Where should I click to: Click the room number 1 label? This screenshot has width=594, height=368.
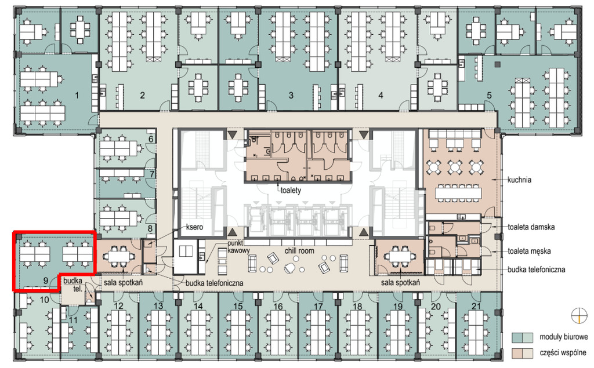click(77, 96)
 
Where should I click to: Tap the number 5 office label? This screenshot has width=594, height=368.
click(489, 96)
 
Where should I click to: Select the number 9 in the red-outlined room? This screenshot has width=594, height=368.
click(46, 281)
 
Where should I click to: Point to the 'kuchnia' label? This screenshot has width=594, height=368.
click(519, 180)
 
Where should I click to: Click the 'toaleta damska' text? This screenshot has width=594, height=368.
click(531, 227)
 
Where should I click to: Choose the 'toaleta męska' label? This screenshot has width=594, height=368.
click(529, 251)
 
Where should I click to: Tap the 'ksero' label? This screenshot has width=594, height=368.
click(194, 227)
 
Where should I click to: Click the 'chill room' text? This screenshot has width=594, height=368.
click(299, 250)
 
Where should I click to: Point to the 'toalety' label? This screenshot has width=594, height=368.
click(291, 190)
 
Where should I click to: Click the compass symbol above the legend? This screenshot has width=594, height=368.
click(579, 315)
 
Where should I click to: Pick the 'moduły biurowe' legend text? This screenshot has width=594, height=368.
click(564, 337)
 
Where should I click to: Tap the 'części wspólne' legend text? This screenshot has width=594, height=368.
click(563, 352)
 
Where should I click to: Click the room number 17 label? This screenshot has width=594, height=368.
click(318, 307)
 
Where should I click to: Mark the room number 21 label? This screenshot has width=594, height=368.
click(476, 307)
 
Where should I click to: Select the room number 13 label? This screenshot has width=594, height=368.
click(158, 306)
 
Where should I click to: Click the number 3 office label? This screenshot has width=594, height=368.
click(291, 96)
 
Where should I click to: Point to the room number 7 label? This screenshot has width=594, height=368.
click(152, 174)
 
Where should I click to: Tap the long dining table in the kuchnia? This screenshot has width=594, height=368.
click(458, 194)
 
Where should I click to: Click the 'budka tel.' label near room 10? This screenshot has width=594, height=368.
click(73, 285)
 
